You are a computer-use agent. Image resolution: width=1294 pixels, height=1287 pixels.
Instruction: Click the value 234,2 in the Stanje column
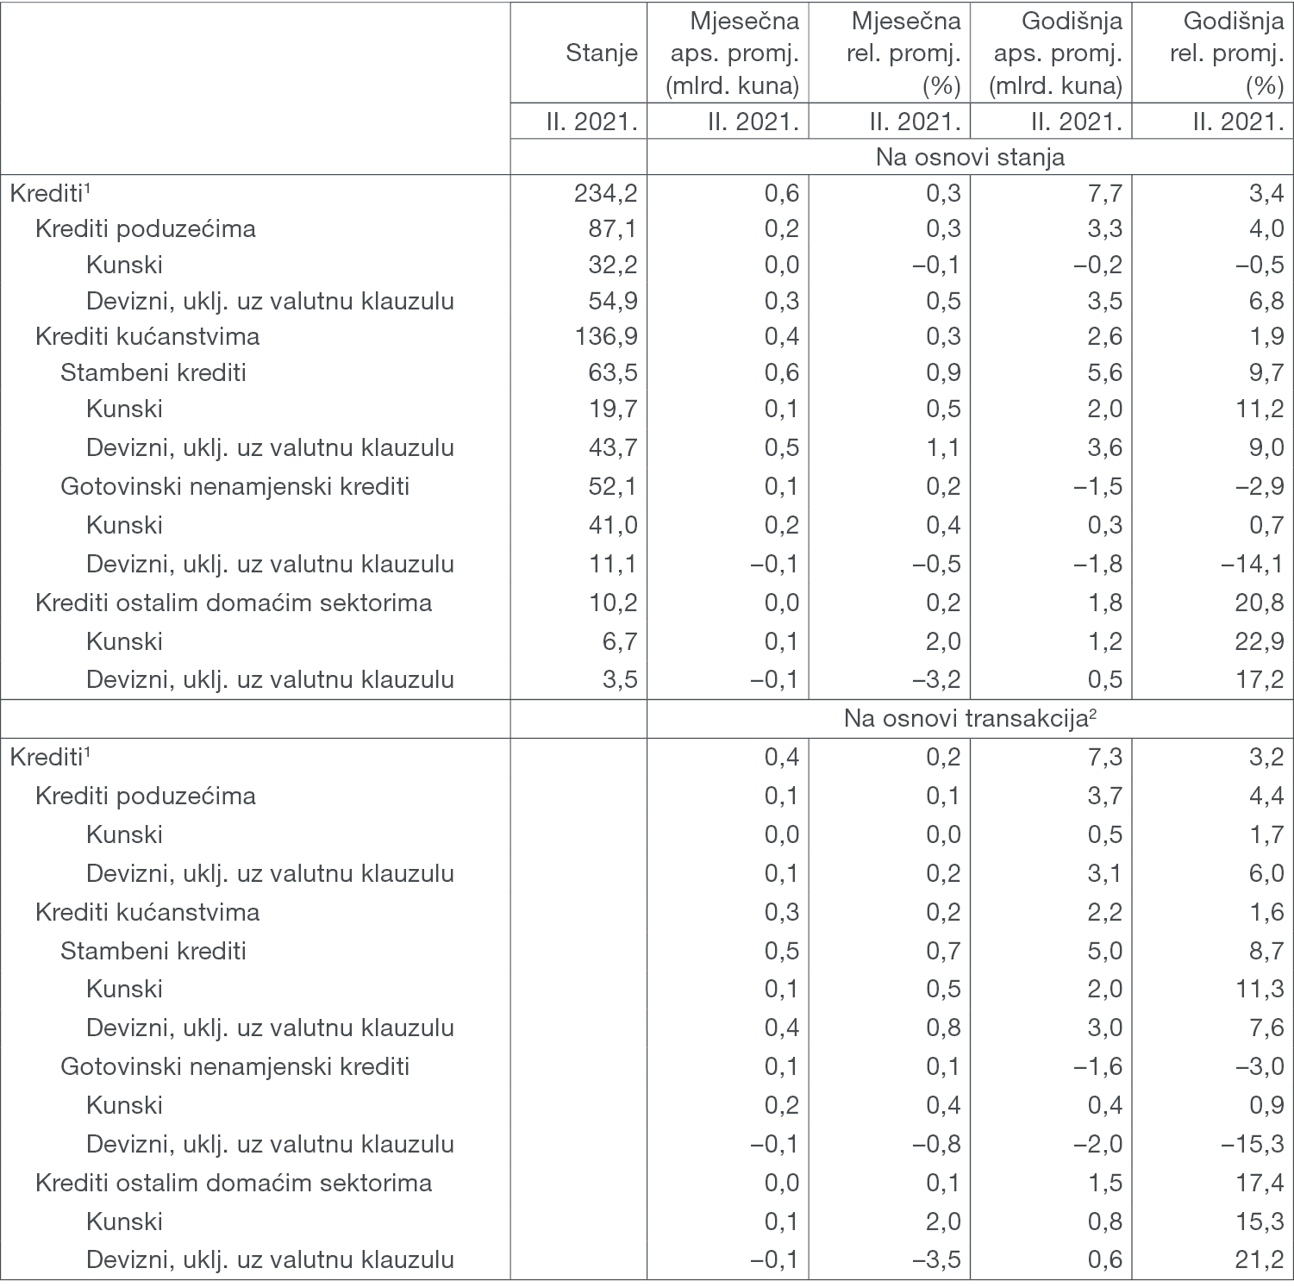coord(605,193)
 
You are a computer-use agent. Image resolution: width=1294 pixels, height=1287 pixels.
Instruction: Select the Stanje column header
coord(601,53)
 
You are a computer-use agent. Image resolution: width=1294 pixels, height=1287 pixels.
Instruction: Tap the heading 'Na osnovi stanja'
coord(970,158)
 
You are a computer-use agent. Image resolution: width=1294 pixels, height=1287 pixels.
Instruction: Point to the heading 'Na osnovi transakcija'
coord(970,719)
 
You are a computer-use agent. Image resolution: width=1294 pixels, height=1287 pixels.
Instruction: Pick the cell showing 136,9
coord(605,336)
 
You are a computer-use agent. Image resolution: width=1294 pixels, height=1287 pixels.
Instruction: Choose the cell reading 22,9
coord(1259,641)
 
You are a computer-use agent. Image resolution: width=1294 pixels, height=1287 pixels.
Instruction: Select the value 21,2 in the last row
coord(1259,1259)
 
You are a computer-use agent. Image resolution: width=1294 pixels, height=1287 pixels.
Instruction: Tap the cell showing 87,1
coord(612,229)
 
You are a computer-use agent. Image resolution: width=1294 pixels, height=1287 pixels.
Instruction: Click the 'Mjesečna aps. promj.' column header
coord(735,53)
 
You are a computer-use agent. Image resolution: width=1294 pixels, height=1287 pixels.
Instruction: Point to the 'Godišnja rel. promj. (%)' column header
coord(1225,53)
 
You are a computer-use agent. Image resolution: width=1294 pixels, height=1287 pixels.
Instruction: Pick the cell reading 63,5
coord(612,372)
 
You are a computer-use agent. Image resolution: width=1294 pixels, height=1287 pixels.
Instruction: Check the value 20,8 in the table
coord(1259,603)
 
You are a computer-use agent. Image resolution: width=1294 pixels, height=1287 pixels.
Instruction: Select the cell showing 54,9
coord(612,301)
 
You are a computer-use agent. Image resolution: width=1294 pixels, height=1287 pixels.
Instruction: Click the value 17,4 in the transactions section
coord(1259,1183)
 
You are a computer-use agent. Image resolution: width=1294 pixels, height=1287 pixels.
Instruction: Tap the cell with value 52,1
coord(612,486)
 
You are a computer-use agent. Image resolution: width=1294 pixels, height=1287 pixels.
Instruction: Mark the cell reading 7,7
coord(1104,193)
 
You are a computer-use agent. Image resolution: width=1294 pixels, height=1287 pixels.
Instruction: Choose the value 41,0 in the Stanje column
coord(612,525)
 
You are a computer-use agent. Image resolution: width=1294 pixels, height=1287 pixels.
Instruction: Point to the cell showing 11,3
coord(1259,989)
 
